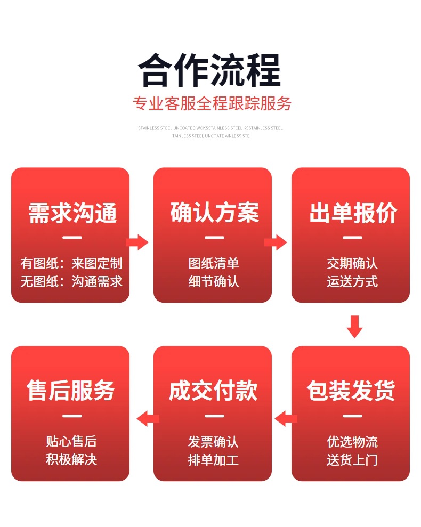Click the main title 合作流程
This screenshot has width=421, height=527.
tap(209, 70)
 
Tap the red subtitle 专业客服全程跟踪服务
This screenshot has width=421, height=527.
tap(212, 103)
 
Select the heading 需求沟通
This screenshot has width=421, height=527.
tap(72, 213)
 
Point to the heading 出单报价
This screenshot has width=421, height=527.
tap(353, 213)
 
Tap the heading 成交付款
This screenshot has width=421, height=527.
tap(213, 391)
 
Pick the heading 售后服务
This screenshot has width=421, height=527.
tap(71, 391)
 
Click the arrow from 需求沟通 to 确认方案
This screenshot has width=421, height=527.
tap(137, 242)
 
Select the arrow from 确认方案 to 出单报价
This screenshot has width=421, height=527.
tap(276, 242)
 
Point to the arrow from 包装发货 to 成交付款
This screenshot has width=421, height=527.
tap(286, 419)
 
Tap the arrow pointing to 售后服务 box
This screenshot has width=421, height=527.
tap(148, 419)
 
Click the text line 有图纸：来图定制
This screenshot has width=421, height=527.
tap(71, 263)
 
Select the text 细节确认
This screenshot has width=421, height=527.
tap(213, 281)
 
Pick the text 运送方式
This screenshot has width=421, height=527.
tap(352, 281)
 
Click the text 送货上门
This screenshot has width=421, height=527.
tap(352, 459)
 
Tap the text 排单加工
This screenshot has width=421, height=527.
tap(213, 459)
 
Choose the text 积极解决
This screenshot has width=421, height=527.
tap(71, 459)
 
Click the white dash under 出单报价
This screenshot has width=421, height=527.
tap(352, 237)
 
